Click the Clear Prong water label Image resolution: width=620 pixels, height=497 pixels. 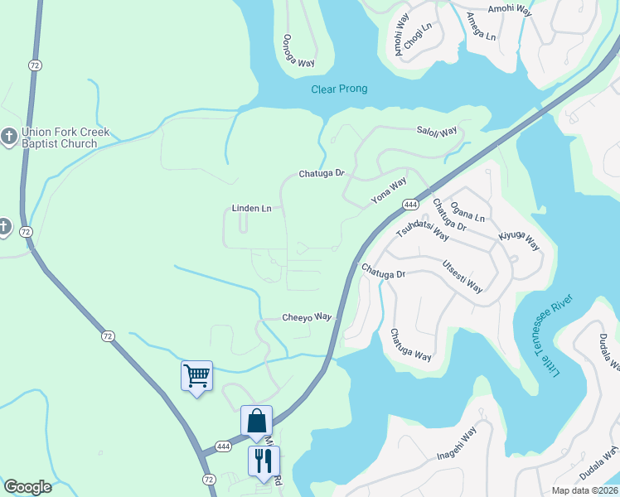(x=339, y=89)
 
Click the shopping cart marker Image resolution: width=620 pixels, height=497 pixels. (x=196, y=375)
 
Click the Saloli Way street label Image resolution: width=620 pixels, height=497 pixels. (x=437, y=132)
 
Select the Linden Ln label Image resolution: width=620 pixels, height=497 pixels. (x=251, y=208)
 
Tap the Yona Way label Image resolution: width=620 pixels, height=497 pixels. (x=389, y=191)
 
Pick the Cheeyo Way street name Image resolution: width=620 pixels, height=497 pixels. (x=307, y=317)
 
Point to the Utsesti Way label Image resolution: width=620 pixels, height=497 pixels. (x=463, y=276)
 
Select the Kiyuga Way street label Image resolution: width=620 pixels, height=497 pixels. (x=519, y=241)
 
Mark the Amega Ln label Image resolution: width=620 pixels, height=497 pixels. (x=481, y=27)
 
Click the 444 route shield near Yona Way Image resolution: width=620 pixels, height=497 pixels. (x=409, y=204)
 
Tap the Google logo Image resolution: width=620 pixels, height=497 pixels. (x=28, y=486)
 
